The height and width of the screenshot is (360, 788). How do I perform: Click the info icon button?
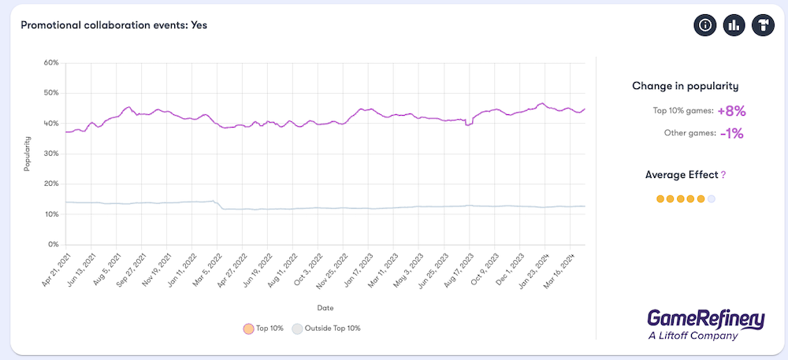click(705, 25)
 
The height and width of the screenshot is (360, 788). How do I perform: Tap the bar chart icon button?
click(734, 25)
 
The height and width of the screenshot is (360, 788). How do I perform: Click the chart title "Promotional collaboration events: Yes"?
click(113, 25)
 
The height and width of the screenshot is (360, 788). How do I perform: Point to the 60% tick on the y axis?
click(51, 62)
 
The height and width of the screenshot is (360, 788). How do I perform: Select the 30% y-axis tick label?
click(51, 154)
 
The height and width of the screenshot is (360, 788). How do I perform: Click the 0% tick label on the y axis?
click(54, 245)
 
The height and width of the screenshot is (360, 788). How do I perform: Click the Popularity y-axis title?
click(27, 153)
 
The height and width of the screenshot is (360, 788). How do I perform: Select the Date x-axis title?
click(325, 306)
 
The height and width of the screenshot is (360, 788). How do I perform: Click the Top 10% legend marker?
click(248, 328)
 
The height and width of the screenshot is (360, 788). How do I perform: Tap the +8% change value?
click(731, 111)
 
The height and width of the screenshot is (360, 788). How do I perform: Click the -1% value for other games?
click(731, 134)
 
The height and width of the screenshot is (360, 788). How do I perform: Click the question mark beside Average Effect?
click(723, 175)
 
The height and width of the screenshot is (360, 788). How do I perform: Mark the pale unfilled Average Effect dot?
click(712, 199)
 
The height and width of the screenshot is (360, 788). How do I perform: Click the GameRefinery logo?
click(705, 324)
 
